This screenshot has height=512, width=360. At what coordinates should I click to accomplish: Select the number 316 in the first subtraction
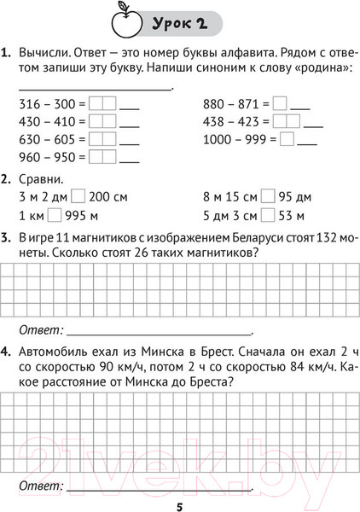coord(28,104)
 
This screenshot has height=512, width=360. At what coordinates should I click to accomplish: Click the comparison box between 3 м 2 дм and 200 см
coord(78,196)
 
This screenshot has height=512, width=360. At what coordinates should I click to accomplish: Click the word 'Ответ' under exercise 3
coord(39,329)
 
